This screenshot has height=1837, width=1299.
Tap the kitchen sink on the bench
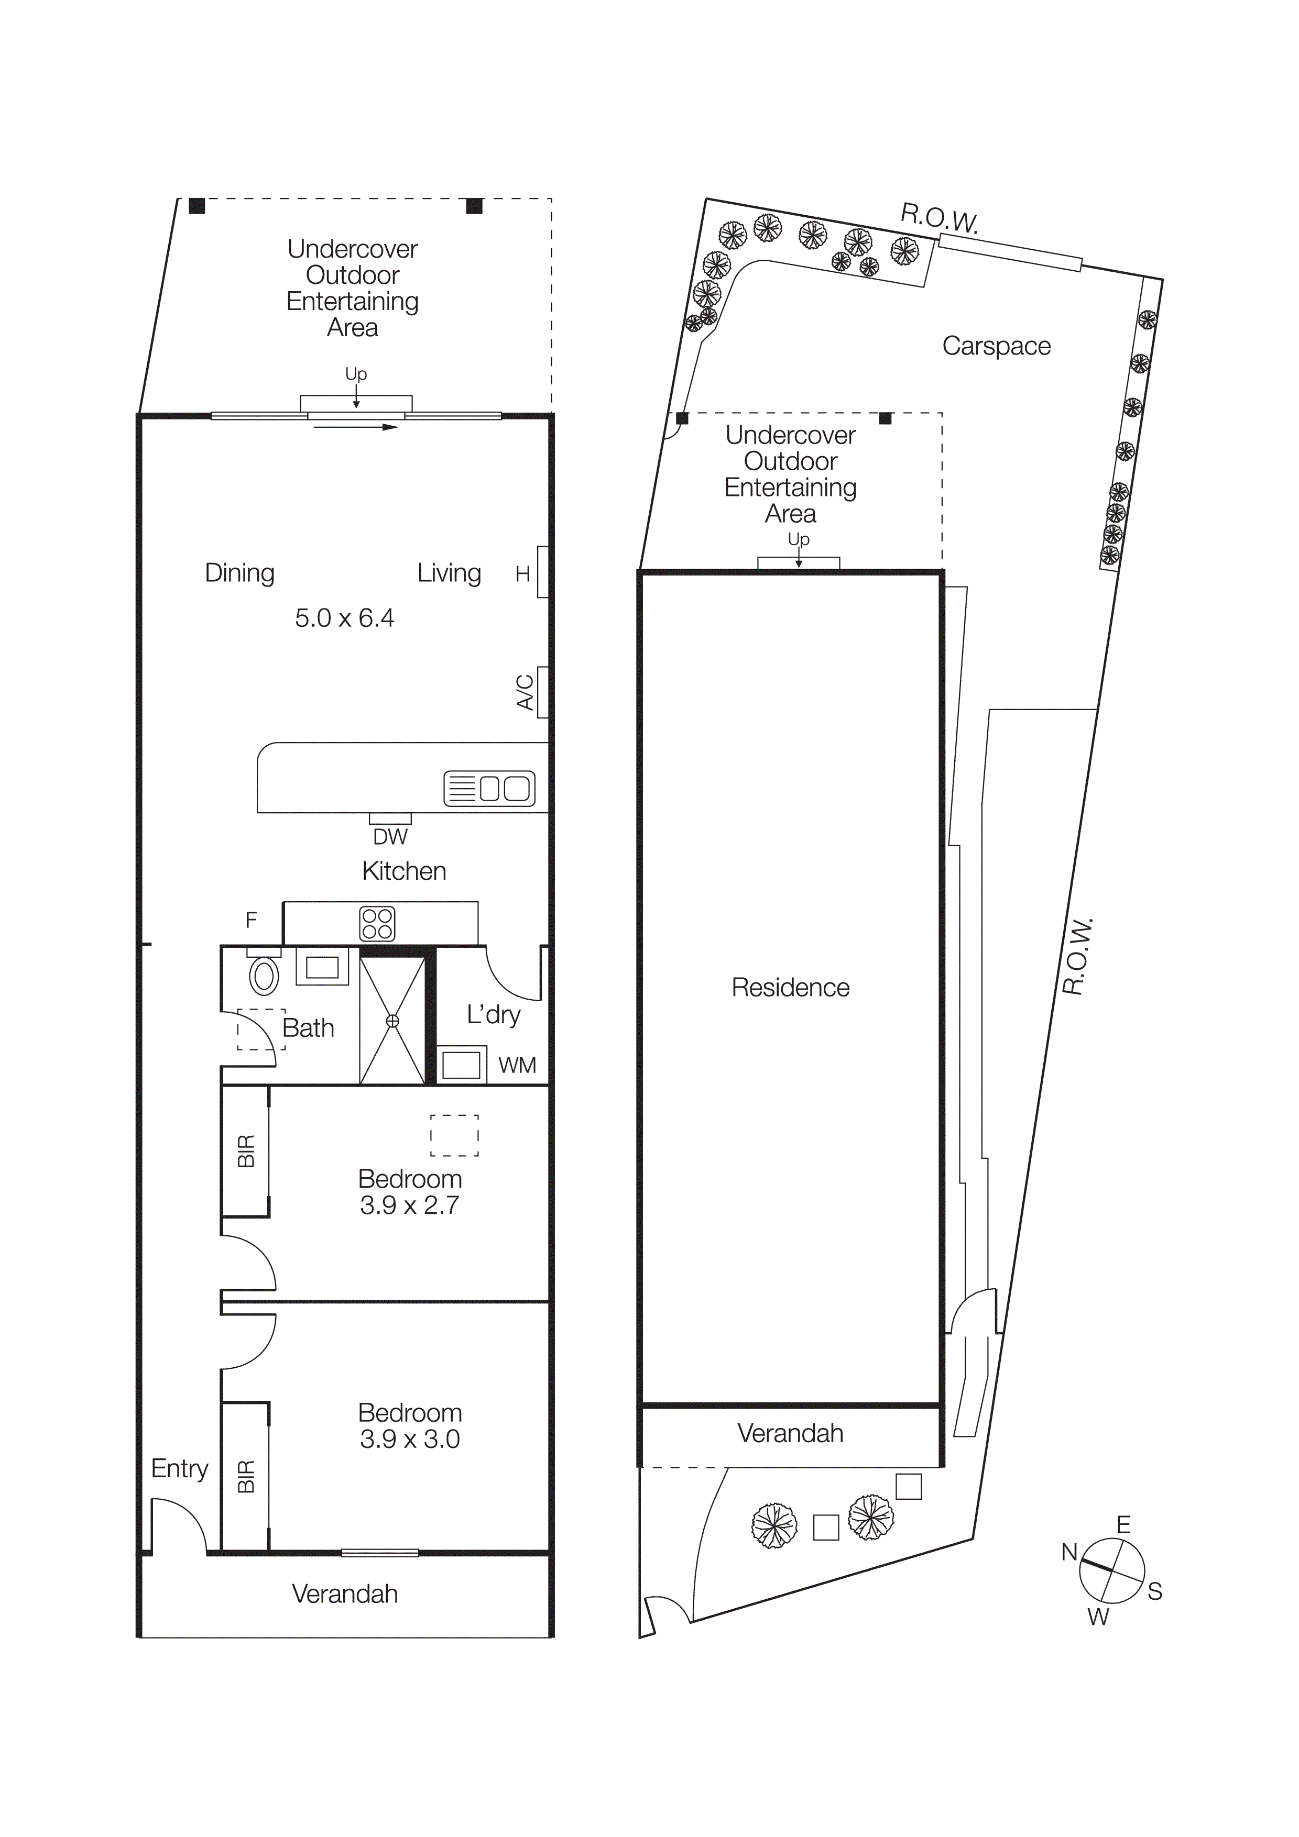pyautogui.click(x=489, y=788)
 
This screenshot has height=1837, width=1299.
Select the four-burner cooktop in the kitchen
pyautogui.click(x=377, y=923)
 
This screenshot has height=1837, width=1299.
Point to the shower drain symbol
pyautogui.click(x=392, y=1021)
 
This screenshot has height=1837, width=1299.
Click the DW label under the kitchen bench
pyautogui.click(x=390, y=837)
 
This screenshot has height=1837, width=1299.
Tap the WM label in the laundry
pyautogui.click(x=517, y=1065)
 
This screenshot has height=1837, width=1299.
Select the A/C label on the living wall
pyautogui.click(x=524, y=692)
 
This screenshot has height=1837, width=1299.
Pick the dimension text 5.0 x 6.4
pyautogui.click(x=344, y=618)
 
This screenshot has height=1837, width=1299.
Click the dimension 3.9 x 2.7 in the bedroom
pyautogui.click(x=409, y=1205)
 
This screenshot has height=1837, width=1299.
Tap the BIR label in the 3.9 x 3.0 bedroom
pyautogui.click(x=246, y=1476)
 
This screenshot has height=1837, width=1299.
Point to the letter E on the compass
pyautogui.click(x=1123, y=1525)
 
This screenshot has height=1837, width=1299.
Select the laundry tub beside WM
pyautogui.click(x=461, y=1065)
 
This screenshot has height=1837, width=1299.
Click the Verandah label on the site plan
pyautogui.click(x=790, y=1433)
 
